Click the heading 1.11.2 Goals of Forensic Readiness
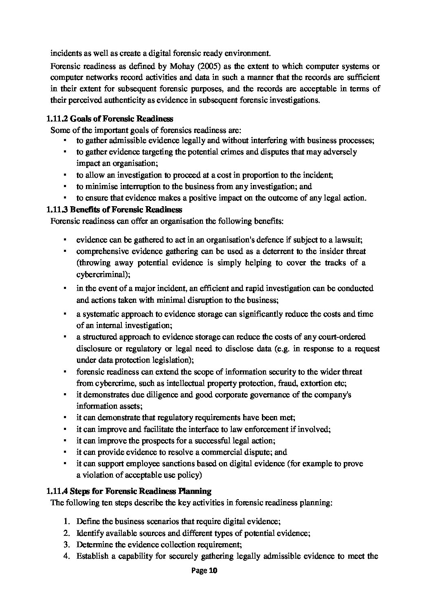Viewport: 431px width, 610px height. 110,119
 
